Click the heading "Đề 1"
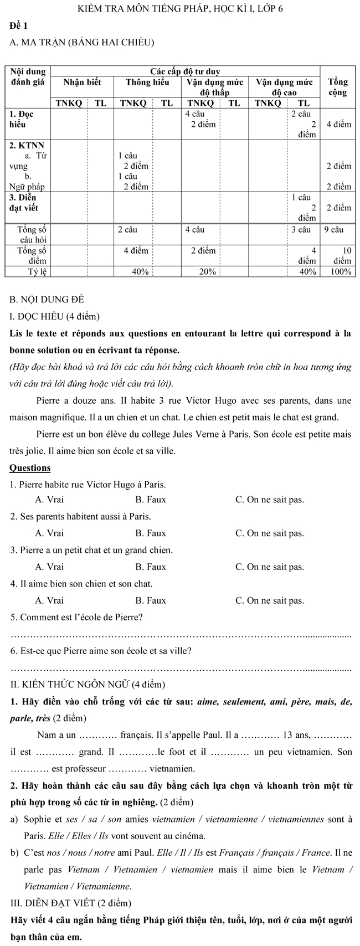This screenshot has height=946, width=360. coord(18,25)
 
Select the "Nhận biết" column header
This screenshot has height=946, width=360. coord(82,83)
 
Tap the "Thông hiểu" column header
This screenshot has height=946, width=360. coord(147,83)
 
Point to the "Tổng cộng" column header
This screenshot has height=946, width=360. coord(338,88)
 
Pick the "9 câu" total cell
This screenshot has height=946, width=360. coord(334,229)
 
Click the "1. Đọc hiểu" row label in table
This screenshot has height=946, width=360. coord(22,119)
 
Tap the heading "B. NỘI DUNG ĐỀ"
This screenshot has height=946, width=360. coord(47,300)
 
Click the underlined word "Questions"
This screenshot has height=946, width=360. coord(30,468)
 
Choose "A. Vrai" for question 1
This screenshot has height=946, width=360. coord(49,500)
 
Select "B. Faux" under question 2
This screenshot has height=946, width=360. coord(151,533)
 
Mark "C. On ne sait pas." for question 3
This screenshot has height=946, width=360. coord(270,567)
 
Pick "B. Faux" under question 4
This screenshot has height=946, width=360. coord(151,600)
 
